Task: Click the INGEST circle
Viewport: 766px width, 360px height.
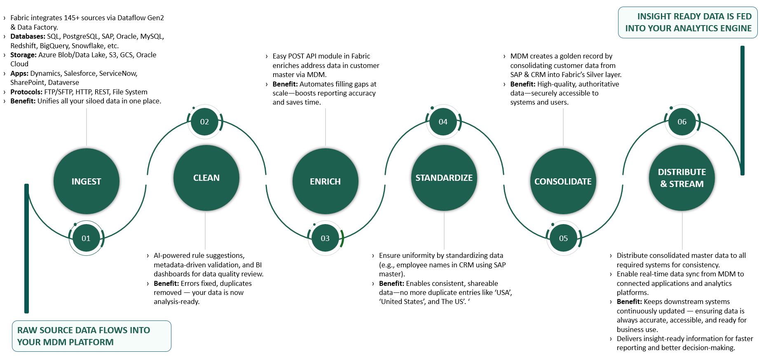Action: click(x=87, y=181)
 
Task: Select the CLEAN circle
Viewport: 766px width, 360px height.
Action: click(x=206, y=178)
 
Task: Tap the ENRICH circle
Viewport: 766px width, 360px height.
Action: click(x=326, y=181)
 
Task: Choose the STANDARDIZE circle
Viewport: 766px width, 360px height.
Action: click(x=444, y=178)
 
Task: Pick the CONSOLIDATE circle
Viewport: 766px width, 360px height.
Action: click(x=563, y=181)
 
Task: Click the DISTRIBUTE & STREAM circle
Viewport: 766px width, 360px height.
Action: click(x=682, y=178)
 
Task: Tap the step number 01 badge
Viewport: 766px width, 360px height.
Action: click(x=86, y=238)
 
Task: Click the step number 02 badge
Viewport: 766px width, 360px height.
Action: click(x=205, y=122)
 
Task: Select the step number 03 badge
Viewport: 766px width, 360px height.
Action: click(x=326, y=238)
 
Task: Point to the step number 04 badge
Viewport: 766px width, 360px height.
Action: click(x=443, y=122)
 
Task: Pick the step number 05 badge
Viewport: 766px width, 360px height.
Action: click(x=564, y=238)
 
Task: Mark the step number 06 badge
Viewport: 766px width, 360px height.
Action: click(x=682, y=122)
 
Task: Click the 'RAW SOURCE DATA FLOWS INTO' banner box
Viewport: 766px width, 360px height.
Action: click(x=91, y=336)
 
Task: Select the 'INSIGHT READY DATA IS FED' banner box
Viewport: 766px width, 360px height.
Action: click(x=688, y=23)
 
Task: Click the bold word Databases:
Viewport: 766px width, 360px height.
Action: click(x=28, y=36)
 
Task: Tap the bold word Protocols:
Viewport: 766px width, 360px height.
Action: click(x=26, y=92)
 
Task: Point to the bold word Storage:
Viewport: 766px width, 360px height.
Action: click(x=23, y=55)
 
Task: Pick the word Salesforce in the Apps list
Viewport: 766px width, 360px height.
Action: click(x=80, y=73)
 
